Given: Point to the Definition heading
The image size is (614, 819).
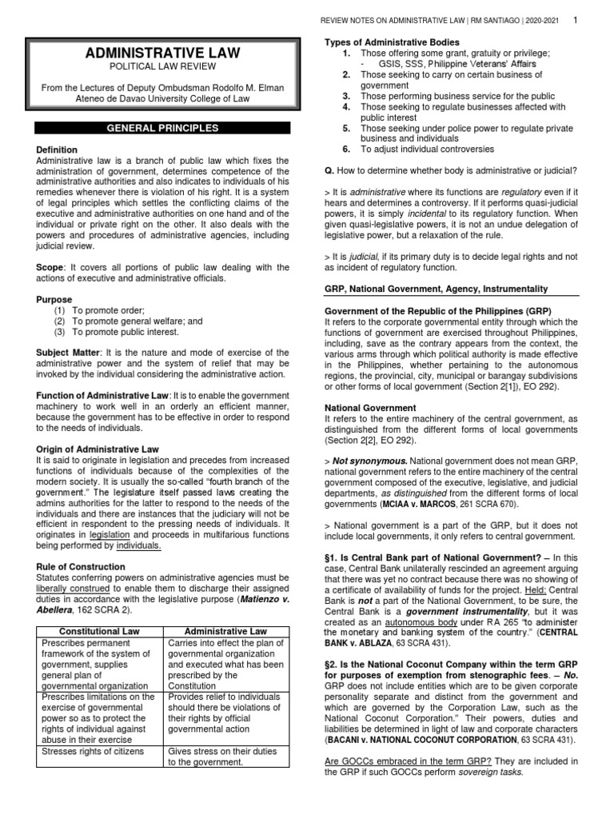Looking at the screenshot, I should (x=57, y=150).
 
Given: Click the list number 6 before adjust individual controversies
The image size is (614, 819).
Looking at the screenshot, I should (x=346, y=149).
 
